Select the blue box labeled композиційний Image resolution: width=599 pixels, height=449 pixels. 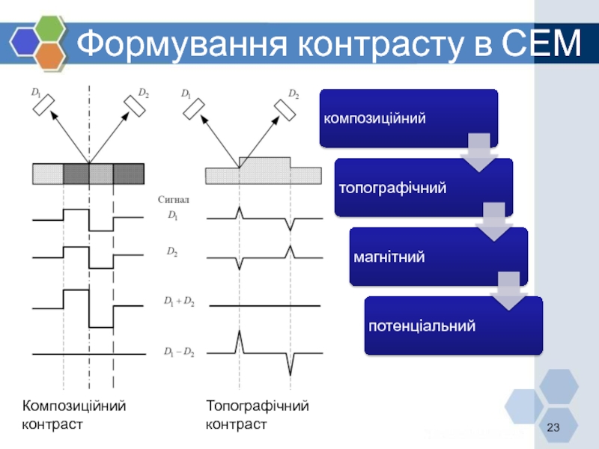coord(408,118)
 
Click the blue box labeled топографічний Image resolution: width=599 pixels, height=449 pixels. coord(423,187)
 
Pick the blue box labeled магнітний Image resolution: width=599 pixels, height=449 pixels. coord(438,257)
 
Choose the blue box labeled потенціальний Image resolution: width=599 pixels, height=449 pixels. coord(453,326)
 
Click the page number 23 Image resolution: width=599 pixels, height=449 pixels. coord(554,427)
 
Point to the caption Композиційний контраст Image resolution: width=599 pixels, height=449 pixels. coord(74,415)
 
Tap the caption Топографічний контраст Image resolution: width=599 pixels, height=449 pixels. coord(257,415)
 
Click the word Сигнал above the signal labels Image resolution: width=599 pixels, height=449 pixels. coord(174,200)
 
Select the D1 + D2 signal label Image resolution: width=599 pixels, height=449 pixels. coord(179,302)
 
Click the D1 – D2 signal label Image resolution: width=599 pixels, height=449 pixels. coord(179,352)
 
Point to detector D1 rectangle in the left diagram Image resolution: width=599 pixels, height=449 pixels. coord(45,107)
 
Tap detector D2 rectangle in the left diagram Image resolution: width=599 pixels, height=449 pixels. coord(136,107)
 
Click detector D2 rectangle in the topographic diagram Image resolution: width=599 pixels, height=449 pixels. coord(285,109)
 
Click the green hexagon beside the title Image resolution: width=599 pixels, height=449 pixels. coord(51,29)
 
